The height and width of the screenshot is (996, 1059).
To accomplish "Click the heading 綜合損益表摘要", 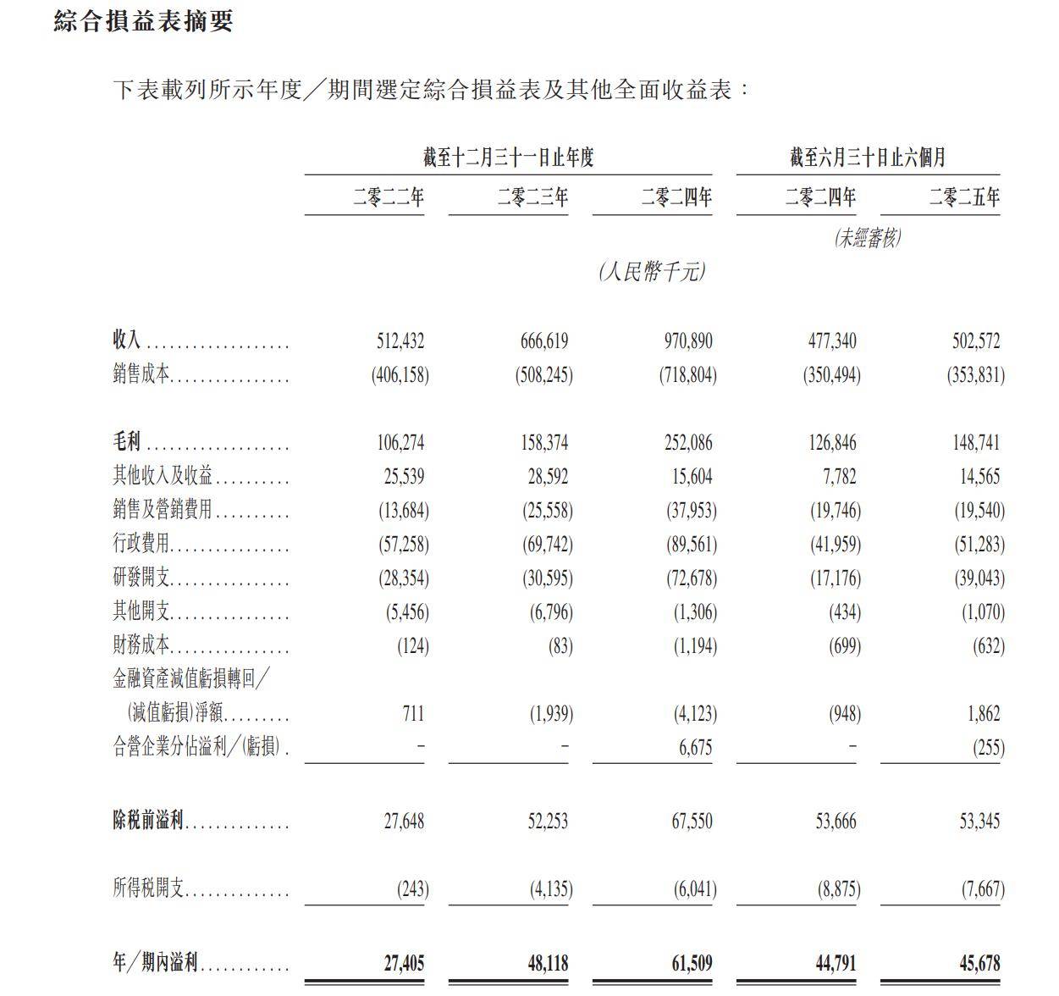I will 143,21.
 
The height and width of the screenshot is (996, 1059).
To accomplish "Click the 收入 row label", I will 127,340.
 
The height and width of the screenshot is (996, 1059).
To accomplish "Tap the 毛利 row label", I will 127,442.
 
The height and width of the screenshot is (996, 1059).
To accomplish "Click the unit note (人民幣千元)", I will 651,272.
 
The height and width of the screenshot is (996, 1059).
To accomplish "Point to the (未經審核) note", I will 868,238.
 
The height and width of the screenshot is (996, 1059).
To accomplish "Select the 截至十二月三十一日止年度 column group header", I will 508,158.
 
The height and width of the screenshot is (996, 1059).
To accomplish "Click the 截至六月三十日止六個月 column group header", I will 868,158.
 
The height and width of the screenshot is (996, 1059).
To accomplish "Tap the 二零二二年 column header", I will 389,198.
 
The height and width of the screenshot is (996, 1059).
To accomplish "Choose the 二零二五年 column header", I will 964,198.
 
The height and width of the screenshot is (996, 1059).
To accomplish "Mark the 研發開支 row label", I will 142,578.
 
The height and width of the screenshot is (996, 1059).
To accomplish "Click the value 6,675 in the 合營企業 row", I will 695,748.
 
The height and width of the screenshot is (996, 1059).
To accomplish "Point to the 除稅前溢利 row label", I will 148,821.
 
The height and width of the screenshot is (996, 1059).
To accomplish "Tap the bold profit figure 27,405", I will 404,963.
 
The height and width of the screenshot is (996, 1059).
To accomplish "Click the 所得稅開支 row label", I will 148,888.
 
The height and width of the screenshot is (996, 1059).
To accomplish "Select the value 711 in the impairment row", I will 413,714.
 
